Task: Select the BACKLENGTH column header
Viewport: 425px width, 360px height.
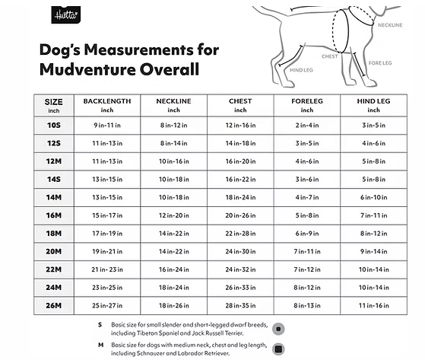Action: tap(107, 101)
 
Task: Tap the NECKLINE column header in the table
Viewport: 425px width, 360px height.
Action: tap(173, 101)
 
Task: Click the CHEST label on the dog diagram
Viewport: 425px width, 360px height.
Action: tap(329, 56)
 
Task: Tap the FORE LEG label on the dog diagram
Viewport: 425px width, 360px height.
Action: tap(379, 62)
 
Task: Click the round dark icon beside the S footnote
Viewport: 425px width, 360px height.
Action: tap(279, 329)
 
